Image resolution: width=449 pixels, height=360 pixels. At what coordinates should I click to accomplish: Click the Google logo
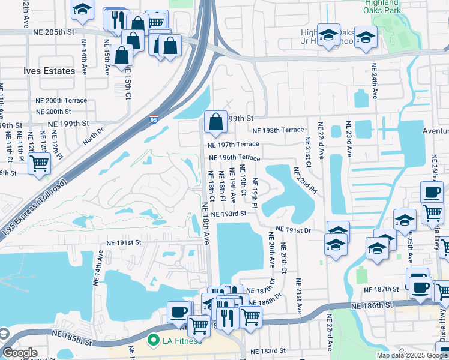(20, 353)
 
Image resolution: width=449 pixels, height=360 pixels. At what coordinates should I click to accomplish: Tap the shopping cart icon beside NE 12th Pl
(39, 163)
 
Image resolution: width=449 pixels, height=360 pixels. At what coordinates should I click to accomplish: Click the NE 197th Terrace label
(234, 145)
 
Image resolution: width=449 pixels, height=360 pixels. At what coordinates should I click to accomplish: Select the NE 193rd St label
(229, 214)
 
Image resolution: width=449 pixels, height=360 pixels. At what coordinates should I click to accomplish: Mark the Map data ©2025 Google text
(411, 355)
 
